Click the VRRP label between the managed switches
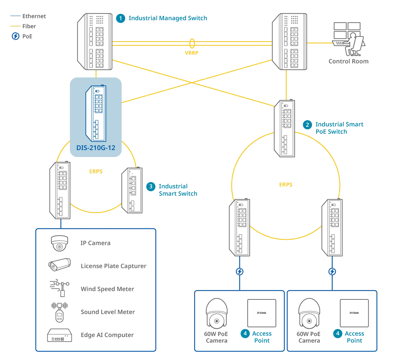pos(191,53)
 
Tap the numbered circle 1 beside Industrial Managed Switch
pos(121,18)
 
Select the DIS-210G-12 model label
pos(96,148)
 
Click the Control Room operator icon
pos(349,39)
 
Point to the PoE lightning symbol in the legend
pos(16,36)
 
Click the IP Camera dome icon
pos(59,243)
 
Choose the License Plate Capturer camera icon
pos(60,264)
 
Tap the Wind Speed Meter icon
pos(60,288)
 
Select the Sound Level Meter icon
pos(60,312)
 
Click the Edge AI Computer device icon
pos(60,335)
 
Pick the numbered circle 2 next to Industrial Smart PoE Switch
pos(307,125)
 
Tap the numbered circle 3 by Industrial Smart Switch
pos(151,186)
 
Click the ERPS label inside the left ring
pos(96,171)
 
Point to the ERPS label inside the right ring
pos(286,185)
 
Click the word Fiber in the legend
pos(29,26)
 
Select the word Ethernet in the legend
pos(34,16)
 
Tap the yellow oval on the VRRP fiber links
pos(192,44)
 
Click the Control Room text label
pos(348,61)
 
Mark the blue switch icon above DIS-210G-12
pos(96,113)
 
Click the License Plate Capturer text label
pos(114,266)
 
